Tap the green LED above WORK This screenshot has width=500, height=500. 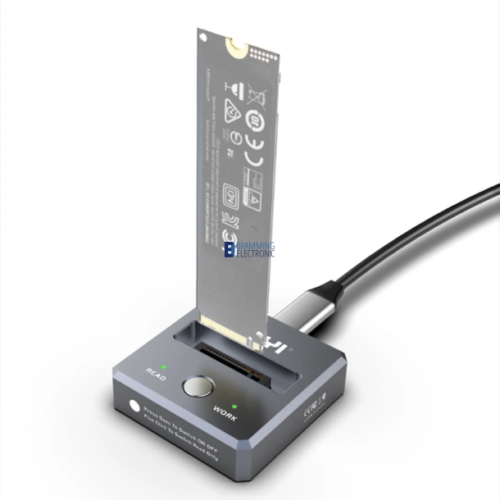click(234, 406)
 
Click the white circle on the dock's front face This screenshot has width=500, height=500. click(134, 404)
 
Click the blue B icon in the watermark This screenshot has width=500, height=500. click(230, 249)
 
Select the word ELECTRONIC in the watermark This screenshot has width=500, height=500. click(256, 254)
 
